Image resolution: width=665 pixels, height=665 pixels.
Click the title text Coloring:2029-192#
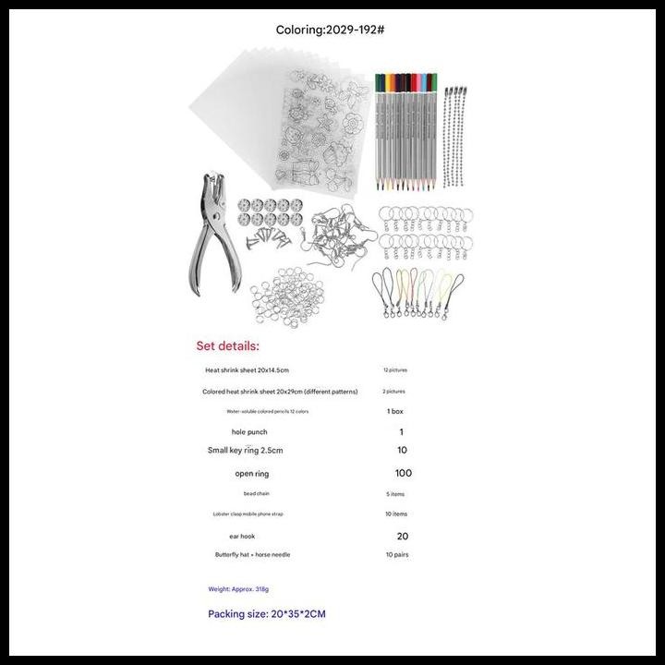[331, 30]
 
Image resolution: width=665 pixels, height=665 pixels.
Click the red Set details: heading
[228, 346]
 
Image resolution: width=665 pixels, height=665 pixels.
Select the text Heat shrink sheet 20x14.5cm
[247, 370]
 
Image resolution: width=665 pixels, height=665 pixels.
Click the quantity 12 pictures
[394, 370]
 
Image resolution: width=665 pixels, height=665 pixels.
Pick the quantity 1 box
[394, 411]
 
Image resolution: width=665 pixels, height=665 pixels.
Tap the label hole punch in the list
[251, 432]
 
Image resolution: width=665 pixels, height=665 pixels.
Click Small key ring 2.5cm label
[246, 451]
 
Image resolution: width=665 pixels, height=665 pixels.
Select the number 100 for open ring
[403, 473]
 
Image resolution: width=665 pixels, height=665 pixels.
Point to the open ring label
[251, 474]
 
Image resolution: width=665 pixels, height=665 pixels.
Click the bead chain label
[257, 494]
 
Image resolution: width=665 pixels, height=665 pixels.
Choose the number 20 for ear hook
[402, 536]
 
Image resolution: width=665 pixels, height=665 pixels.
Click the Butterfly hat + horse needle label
[253, 555]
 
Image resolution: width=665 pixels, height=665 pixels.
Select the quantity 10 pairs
[397, 555]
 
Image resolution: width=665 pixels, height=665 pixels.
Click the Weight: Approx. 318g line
[238, 589]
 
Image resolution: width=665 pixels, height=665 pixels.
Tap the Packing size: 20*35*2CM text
[266, 614]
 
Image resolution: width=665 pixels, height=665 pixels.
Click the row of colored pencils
[406, 125]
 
